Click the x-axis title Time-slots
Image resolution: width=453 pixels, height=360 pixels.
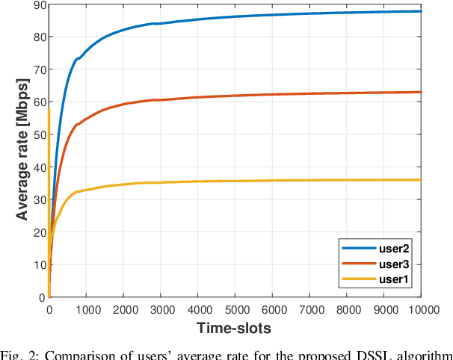pyautogui.click(x=235, y=327)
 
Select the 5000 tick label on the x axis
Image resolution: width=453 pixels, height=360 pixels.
pyautogui.click(x=235, y=308)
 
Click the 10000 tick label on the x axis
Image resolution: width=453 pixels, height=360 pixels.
pyautogui.click(x=422, y=308)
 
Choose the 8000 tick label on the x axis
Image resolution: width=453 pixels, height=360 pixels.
pyautogui.click(x=347, y=308)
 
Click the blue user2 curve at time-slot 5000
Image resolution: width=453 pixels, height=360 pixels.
pyautogui.click(x=235, y=16)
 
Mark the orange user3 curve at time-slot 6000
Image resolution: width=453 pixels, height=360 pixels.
pyautogui.click(x=272, y=94)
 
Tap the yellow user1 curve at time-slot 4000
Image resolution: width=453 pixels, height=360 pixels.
pyautogui.click(x=197, y=181)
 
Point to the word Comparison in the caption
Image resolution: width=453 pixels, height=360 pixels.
pyautogui.click(x=72, y=353)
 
